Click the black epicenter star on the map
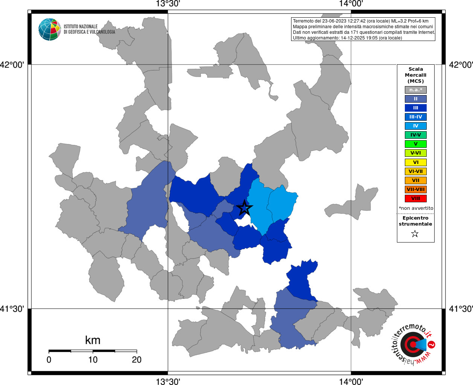coord(244,208)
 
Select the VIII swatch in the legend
coord(415,199)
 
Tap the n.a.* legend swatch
coord(415,90)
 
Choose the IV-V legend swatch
coord(415,135)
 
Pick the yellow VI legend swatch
coord(415,162)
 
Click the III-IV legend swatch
coord(415,117)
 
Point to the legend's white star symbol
coord(415,234)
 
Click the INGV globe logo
coord(49,29)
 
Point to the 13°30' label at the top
coord(168,4)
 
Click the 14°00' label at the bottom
coord(351,382)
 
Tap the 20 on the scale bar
coord(137,360)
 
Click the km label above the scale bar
coord(93,340)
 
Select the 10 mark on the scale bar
coord(93,360)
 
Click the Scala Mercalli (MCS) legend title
coord(415,75)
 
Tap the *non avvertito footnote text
coord(416,208)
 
